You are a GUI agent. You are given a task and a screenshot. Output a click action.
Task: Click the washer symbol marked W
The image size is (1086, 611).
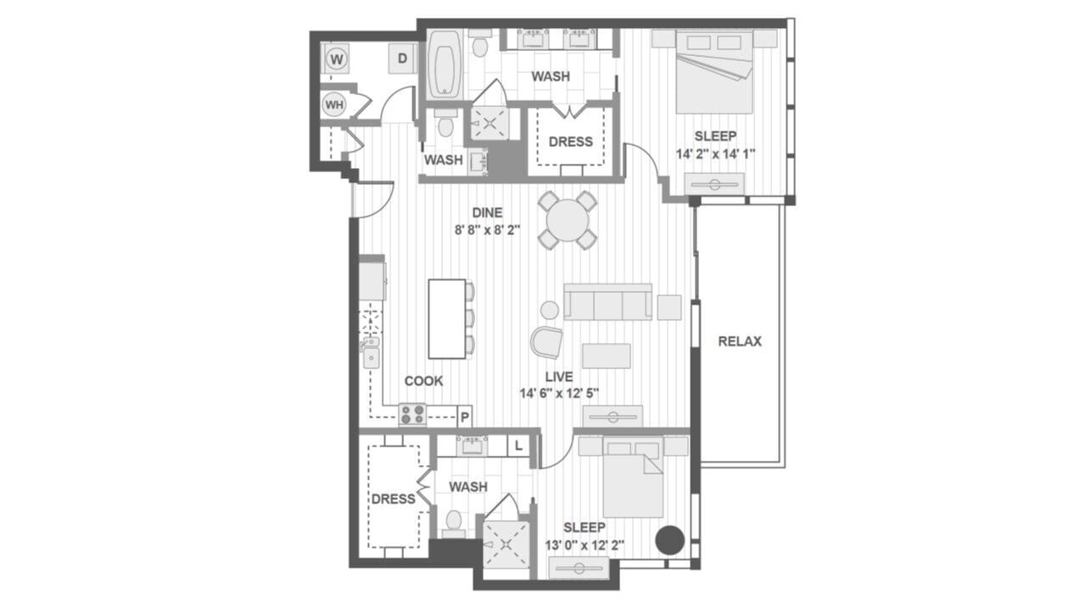click(x=337, y=59)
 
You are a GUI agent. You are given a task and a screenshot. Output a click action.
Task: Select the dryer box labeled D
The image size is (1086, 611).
click(x=403, y=59)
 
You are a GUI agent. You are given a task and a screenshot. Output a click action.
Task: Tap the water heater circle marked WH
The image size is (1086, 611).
click(x=334, y=105)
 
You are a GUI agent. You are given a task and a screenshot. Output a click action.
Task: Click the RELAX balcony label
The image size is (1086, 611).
click(x=740, y=341)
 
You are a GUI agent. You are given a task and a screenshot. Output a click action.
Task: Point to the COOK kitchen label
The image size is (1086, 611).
click(x=423, y=381)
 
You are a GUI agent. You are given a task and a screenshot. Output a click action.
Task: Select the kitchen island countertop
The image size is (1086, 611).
click(x=447, y=318)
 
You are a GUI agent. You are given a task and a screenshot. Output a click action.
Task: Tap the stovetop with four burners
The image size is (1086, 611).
click(x=413, y=414)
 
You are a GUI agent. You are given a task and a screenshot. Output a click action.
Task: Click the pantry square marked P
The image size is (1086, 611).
click(x=465, y=416)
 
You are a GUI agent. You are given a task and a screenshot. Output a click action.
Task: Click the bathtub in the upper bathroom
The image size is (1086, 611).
click(x=444, y=64)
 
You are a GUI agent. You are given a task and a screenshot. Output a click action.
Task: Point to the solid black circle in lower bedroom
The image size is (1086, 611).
click(x=671, y=540)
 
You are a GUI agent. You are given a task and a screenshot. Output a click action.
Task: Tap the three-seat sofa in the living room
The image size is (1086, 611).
click(x=608, y=301)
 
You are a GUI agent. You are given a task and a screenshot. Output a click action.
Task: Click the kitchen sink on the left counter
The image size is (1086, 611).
click(x=371, y=356)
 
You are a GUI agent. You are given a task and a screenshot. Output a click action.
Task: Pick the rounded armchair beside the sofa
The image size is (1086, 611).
click(x=546, y=342)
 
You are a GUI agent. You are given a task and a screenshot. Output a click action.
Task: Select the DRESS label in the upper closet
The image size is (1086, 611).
click(x=570, y=142)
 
